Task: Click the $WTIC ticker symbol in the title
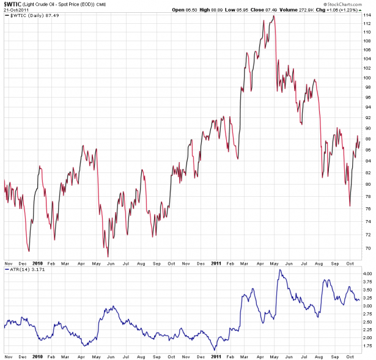(x=12, y=4)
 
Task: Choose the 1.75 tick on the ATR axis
(x=365, y=346)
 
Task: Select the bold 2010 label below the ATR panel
(x=37, y=356)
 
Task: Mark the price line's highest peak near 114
(x=273, y=16)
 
